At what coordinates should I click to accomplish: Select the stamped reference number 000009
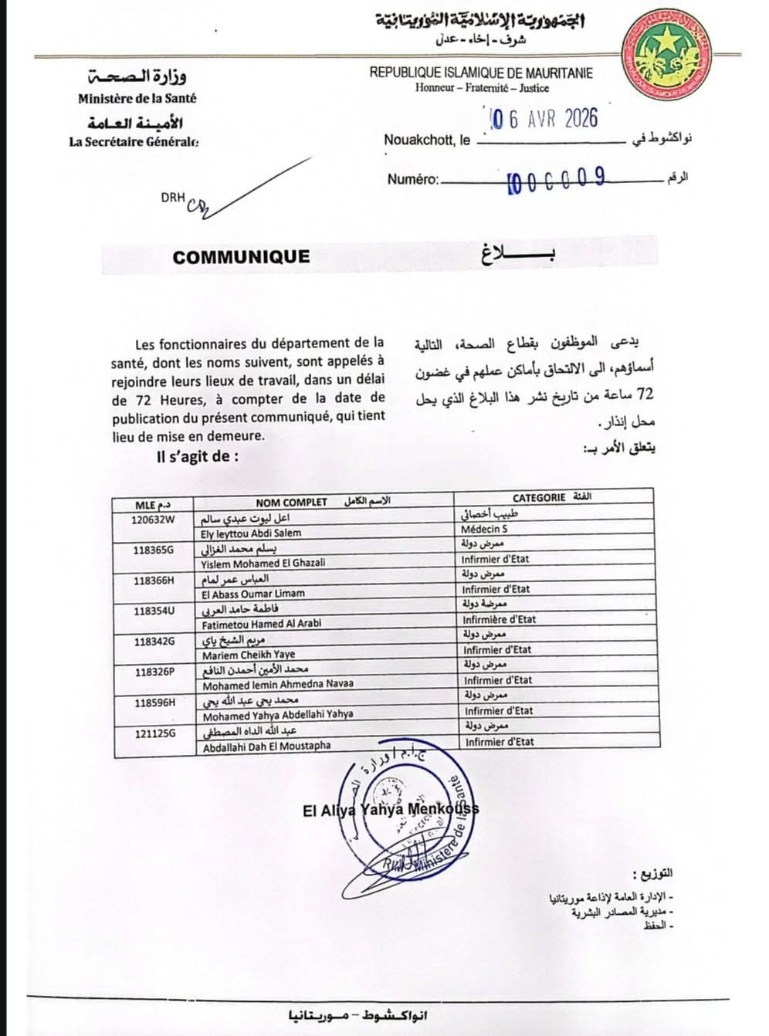pos(556,180)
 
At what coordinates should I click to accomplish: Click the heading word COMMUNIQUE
pos(241,257)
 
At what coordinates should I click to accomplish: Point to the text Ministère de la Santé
pos(137,98)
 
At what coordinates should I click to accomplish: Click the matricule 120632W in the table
pos(154,519)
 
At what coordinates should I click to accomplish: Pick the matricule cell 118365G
pos(154,549)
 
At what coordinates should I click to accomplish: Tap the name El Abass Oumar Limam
pos(252,594)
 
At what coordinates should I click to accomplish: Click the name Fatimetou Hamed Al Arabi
pos(262,623)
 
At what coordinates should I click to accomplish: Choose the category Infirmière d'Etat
pos(499,619)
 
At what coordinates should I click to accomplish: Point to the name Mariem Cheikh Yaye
pos(243,654)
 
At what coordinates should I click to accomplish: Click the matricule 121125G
pos(155,733)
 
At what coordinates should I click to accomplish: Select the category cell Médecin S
pos(484,530)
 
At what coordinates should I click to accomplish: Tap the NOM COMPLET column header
pos(291,502)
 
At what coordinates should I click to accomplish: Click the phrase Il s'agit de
pos(197,456)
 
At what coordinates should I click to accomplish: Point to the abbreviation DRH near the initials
pos(172,198)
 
